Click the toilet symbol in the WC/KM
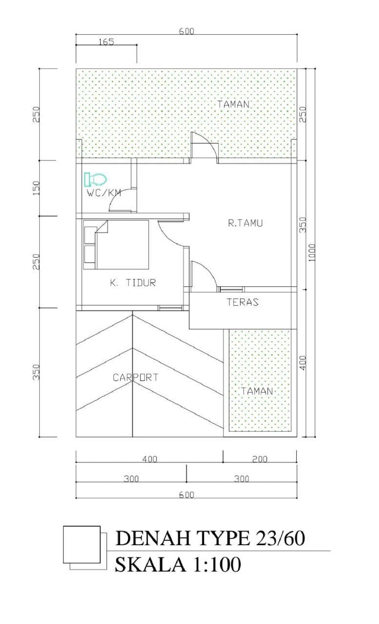coord(95,179)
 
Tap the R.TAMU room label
coord(245,223)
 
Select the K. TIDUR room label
coord(133,283)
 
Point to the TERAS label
coord(242,302)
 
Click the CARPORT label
coord(135,377)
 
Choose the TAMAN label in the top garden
coord(233,104)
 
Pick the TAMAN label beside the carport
coord(256,391)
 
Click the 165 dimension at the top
coord(107,42)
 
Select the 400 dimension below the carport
coord(150,459)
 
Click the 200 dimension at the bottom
coord(260,459)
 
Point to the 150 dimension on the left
coord(37,188)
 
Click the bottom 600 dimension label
coord(187,495)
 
